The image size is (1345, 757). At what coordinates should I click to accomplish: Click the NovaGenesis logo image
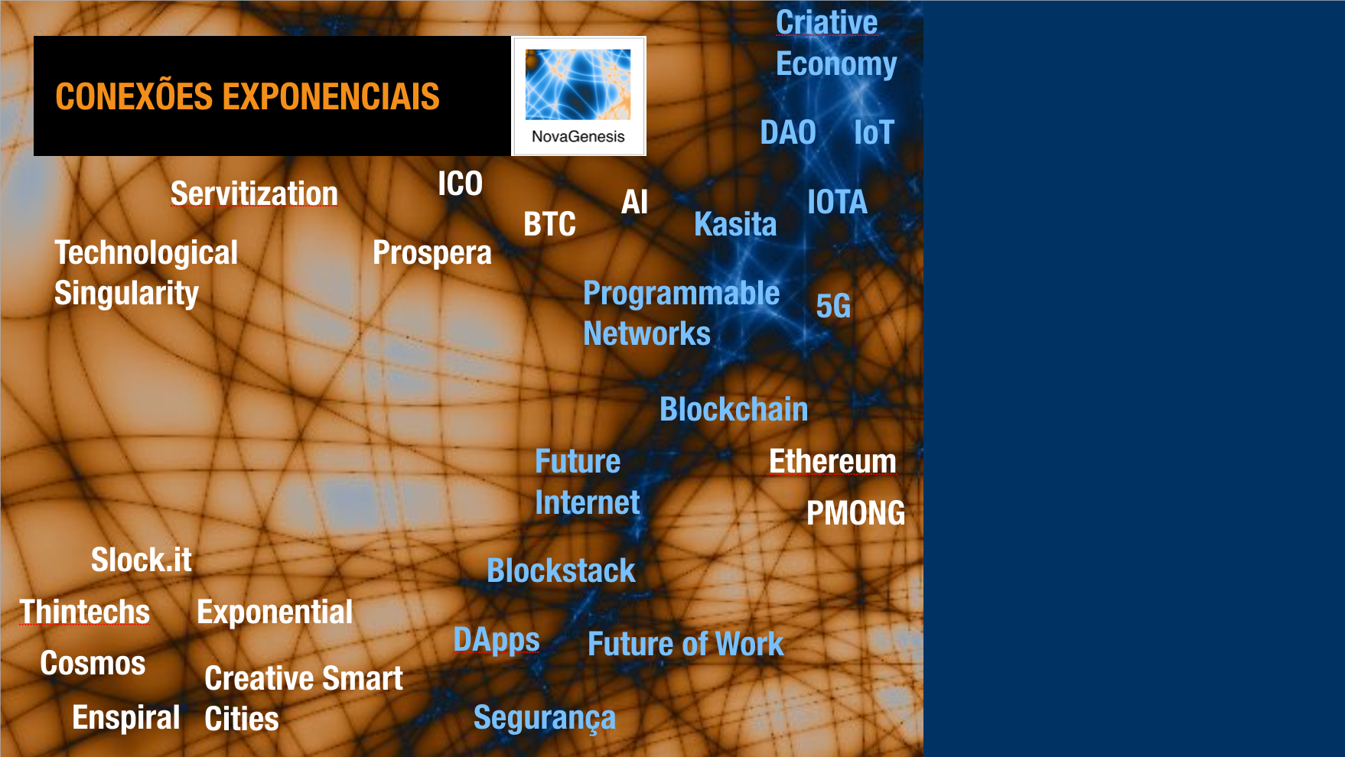pos(578,96)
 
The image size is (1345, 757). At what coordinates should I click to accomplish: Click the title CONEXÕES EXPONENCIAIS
pos(247,96)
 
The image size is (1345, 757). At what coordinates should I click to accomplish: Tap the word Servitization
pos(254,193)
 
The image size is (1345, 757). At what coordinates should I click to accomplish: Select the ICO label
pos(460,184)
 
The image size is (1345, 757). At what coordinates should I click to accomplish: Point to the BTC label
pos(549,224)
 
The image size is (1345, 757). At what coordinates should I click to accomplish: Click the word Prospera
pos(432,253)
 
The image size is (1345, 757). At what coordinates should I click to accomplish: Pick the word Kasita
pos(735,224)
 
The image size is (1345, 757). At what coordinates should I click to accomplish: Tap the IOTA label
pos(837,202)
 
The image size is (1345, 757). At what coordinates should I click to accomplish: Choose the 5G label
pos(833,306)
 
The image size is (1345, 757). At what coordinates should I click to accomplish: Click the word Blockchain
pos(734,409)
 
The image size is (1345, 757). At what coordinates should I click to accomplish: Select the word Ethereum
pos(832,461)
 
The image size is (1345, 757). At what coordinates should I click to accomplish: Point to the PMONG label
pos(856,513)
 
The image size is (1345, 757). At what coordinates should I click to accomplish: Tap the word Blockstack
pos(561,570)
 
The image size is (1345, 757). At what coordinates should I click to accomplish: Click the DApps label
pos(497,640)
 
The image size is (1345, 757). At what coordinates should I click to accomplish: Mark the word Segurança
pos(545,718)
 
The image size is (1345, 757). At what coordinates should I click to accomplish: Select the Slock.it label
pos(142,560)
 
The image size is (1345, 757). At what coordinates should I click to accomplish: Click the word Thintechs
pos(85,612)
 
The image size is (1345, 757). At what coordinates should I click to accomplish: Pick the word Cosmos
pos(93,663)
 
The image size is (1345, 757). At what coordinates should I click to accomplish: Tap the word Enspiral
pos(126,718)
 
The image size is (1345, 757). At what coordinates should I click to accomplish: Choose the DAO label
pos(788,132)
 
